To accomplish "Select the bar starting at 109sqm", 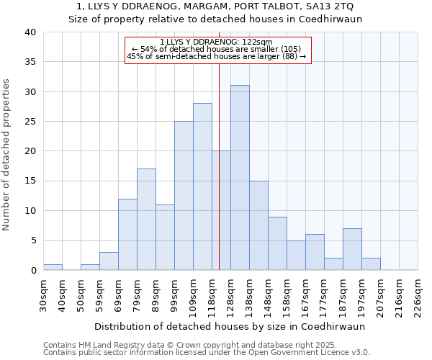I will click(x=202, y=186).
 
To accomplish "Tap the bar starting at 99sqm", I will click(x=184, y=196).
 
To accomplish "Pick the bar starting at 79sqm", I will click(x=146, y=220).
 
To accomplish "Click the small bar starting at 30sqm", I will click(x=53, y=267).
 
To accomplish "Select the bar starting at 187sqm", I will click(x=352, y=249).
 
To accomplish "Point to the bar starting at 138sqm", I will click(x=258, y=225).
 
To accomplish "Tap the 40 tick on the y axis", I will click(x=31, y=32).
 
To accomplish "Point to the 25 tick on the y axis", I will click(x=31, y=122).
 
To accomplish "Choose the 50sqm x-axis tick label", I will click(x=81, y=293).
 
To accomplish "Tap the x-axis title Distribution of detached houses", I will click(x=230, y=326).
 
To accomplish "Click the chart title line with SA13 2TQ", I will click(x=215, y=6).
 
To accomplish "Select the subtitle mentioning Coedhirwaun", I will click(x=215, y=19).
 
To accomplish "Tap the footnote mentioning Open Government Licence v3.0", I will click(x=206, y=353).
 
